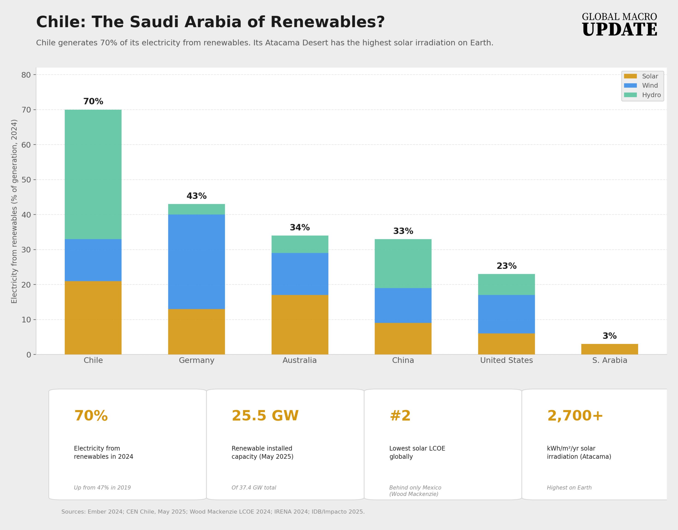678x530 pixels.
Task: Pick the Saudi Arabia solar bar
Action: (609, 349)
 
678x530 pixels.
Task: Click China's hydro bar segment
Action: (403, 263)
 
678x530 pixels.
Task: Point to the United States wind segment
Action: (506, 314)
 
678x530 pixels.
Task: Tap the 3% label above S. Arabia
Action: (609, 336)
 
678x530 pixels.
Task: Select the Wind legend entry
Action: (650, 86)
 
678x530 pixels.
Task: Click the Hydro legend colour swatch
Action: (630, 95)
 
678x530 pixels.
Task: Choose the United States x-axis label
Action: (506, 360)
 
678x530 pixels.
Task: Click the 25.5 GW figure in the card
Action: (265, 416)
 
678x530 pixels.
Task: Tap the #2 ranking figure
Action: (400, 416)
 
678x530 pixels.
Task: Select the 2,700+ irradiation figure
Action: (575, 416)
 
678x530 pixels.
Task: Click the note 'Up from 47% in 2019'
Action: (102, 488)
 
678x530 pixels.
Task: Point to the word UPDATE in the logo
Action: (619, 30)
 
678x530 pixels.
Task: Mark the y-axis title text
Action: (14, 211)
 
